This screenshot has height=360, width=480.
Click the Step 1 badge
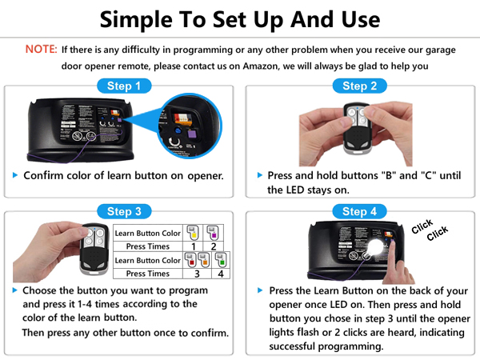tap(124, 86)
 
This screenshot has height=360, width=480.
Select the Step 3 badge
tap(124, 211)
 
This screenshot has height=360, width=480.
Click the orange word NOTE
tap(41, 50)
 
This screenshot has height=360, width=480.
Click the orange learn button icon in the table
tap(205, 261)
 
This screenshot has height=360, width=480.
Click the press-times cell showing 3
tap(197, 274)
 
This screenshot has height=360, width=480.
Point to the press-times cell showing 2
tap(213, 246)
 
